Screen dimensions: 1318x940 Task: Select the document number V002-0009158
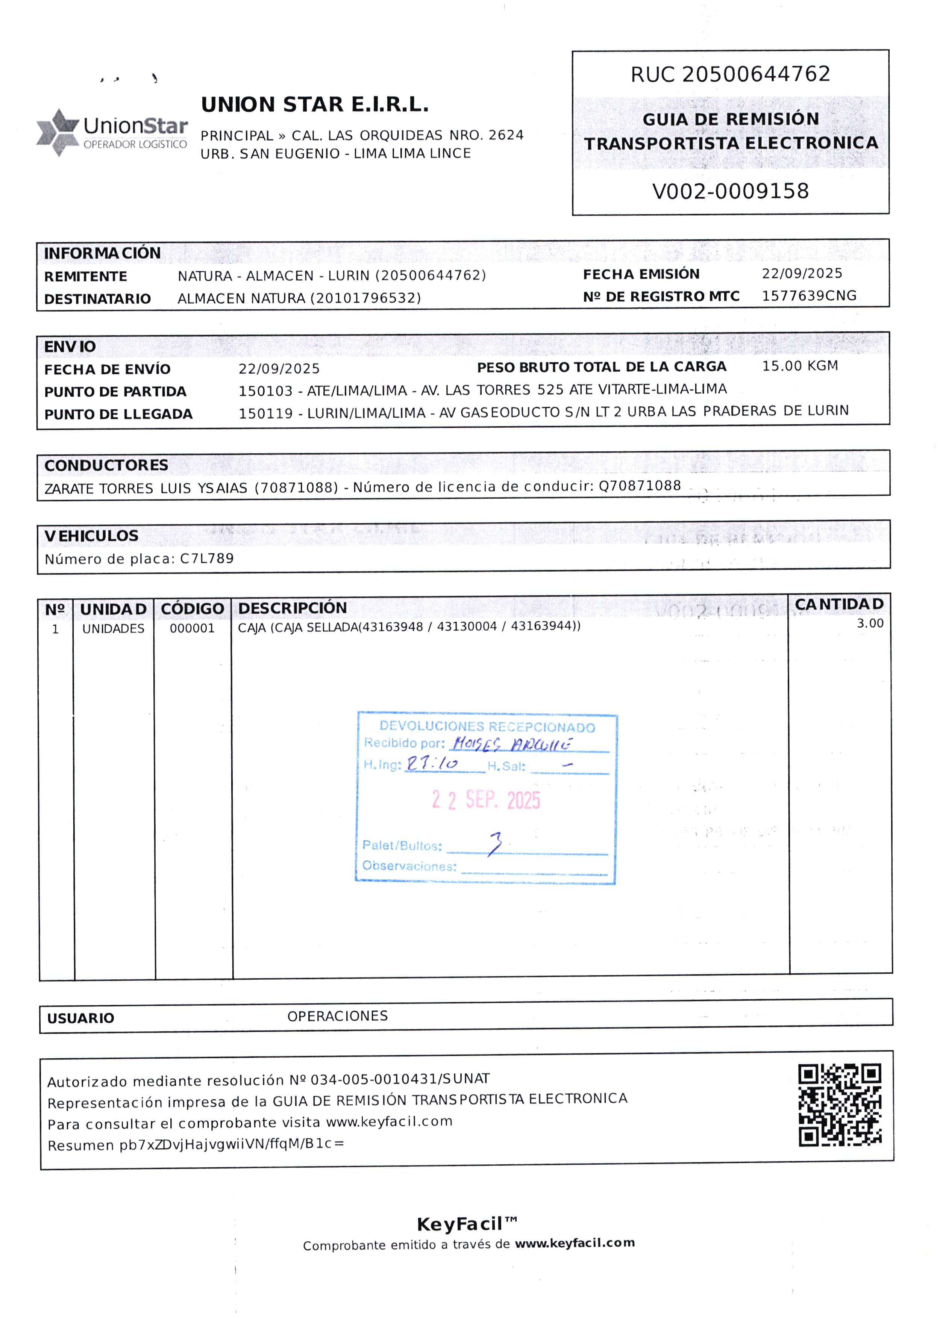point(731,191)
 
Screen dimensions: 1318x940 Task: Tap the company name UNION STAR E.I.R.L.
point(315,105)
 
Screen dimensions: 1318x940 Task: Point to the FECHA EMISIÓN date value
point(802,274)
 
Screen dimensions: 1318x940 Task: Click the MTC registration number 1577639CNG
point(809,296)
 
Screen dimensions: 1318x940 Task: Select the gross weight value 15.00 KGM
point(800,366)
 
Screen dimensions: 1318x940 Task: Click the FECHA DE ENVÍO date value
point(279,369)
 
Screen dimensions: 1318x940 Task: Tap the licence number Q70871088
point(640,486)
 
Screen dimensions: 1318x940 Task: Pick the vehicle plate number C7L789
point(207,558)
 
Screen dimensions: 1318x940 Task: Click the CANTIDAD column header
point(839,604)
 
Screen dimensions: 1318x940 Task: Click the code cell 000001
point(192,628)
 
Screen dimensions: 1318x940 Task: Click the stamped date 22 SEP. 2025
point(486,800)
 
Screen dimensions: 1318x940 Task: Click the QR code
point(840,1105)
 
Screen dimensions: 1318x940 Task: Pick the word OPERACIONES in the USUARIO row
point(337,1016)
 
